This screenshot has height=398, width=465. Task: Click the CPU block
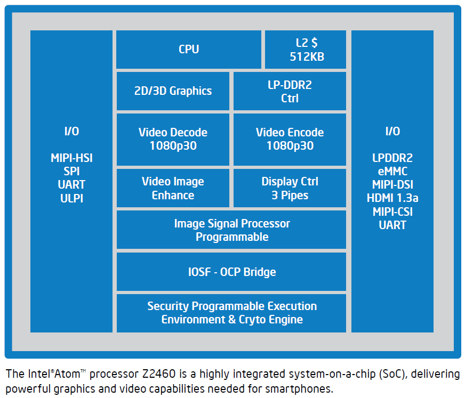189,49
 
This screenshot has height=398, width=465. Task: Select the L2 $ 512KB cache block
306,49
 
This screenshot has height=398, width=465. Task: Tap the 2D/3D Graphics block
173,91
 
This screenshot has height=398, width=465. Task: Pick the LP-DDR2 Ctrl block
290,91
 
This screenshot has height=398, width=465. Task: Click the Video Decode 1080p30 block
173,139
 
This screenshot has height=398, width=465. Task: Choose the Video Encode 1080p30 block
290,139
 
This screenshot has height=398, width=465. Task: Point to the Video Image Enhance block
173,188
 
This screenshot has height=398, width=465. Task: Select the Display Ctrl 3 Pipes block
290,188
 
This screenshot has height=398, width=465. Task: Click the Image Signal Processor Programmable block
231,230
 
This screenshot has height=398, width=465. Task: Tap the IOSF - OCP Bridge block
231,272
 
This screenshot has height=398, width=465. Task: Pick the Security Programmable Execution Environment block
231,313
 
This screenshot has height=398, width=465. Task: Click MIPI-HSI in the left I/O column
71,158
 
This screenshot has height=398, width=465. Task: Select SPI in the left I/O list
71,171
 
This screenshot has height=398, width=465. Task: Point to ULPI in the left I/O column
71,198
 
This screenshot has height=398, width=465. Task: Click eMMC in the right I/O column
392,171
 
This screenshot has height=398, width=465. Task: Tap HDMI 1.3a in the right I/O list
392,198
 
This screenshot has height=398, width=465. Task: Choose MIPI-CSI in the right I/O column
392,212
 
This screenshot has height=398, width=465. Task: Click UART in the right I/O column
392,225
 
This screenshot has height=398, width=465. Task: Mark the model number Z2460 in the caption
159,374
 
